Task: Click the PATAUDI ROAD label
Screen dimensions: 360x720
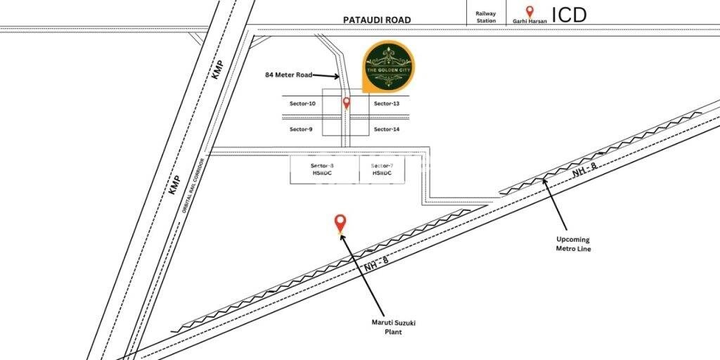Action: [376, 20]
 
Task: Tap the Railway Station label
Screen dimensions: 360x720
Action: [486, 17]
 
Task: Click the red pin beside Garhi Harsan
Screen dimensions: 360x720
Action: [530, 12]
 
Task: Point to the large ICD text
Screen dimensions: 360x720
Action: [569, 15]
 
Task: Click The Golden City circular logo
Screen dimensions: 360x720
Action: [389, 67]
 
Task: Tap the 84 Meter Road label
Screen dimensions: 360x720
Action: [288, 74]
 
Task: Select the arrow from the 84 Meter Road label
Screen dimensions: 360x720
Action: [326, 75]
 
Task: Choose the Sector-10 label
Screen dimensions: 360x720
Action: [303, 103]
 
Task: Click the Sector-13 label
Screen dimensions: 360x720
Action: [387, 103]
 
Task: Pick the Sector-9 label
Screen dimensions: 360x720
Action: [301, 129]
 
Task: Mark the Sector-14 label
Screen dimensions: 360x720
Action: [387, 129]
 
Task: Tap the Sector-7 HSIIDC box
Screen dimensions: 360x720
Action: [382, 169]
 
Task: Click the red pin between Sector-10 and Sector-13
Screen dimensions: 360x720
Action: [346, 103]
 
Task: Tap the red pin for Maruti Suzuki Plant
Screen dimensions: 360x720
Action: [340, 223]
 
